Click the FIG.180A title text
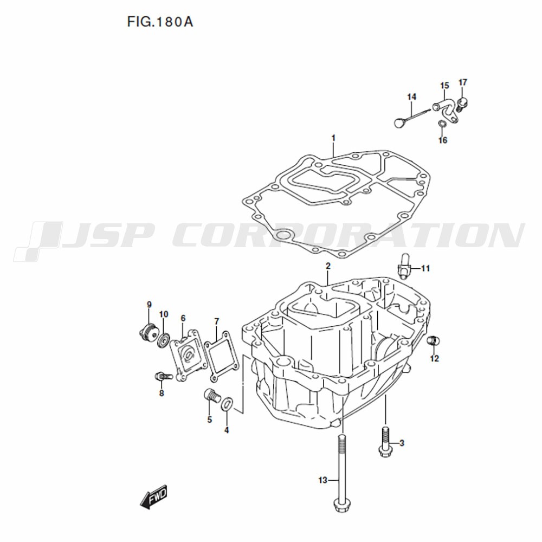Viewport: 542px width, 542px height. click(x=160, y=22)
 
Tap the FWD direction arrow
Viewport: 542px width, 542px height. click(x=153, y=497)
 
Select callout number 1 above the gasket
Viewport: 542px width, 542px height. click(x=333, y=138)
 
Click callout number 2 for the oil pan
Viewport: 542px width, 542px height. click(x=328, y=266)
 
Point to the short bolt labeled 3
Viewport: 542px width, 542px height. click(x=385, y=442)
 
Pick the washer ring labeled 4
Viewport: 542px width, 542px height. click(x=227, y=404)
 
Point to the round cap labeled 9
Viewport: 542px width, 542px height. click(x=149, y=332)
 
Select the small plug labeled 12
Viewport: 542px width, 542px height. click(x=433, y=340)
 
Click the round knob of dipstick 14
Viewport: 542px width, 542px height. click(x=399, y=122)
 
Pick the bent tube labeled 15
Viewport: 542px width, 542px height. click(x=446, y=110)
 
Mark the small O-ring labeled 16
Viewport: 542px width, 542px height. click(x=442, y=124)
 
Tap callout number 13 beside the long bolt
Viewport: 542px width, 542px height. click(x=322, y=480)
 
